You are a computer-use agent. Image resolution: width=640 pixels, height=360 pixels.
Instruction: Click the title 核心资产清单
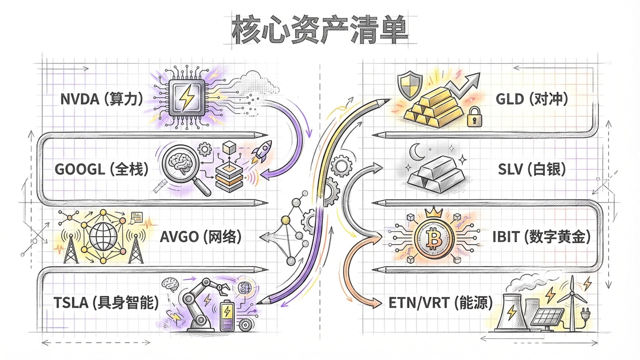point(320,30)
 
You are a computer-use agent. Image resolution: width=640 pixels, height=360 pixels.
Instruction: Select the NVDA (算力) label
point(102,99)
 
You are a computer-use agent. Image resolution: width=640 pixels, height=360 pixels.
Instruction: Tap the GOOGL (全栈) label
point(101,169)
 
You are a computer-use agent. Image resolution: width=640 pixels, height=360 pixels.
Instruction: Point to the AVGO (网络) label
point(200,237)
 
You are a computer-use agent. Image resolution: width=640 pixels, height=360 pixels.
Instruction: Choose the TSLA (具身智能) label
point(106,303)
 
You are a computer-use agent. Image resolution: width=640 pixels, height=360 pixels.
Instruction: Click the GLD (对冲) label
point(532,99)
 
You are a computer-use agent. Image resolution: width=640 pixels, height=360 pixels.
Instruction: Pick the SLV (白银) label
point(532,169)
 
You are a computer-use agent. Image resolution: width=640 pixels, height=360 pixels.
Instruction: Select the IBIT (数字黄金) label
point(541,237)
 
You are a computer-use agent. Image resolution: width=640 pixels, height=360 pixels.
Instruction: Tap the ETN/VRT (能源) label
point(440,303)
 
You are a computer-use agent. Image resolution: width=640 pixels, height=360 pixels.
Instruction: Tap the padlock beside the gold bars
point(474,117)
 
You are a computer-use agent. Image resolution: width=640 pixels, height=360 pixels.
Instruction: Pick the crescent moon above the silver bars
point(416,152)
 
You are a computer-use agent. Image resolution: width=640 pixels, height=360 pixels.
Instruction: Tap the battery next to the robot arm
point(227,315)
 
